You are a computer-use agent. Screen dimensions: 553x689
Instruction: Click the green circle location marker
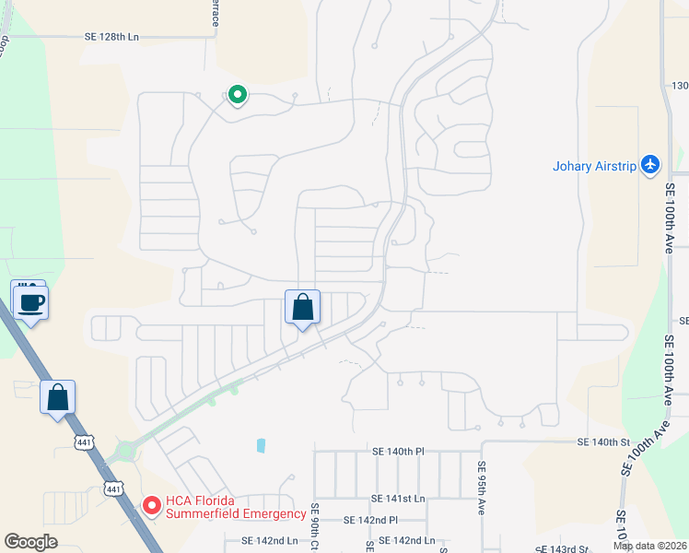(237, 94)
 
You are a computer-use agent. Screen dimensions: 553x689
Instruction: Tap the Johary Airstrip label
(595, 167)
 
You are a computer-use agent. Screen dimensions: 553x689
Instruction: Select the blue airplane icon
(651, 164)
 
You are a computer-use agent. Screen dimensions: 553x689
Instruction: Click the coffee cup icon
(29, 301)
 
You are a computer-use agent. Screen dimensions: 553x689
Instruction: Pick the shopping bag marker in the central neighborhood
(303, 308)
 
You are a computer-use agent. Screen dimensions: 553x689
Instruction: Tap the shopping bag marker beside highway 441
(57, 398)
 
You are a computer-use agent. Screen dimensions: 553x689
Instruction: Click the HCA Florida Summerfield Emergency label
(236, 508)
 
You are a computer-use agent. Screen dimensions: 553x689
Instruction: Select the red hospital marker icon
(151, 506)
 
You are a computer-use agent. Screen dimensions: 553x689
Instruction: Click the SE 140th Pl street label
(398, 452)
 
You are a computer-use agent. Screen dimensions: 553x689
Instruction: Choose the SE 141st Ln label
(398, 498)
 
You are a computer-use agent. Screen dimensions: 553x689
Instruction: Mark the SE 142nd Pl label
(370, 520)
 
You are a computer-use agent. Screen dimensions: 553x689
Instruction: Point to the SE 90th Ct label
(315, 525)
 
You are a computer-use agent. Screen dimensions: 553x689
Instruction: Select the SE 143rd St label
(562, 547)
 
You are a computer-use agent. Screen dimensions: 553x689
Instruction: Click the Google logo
(30, 541)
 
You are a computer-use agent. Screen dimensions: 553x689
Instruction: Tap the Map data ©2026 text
(650, 546)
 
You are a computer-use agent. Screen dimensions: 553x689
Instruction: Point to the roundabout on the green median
(124, 452)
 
